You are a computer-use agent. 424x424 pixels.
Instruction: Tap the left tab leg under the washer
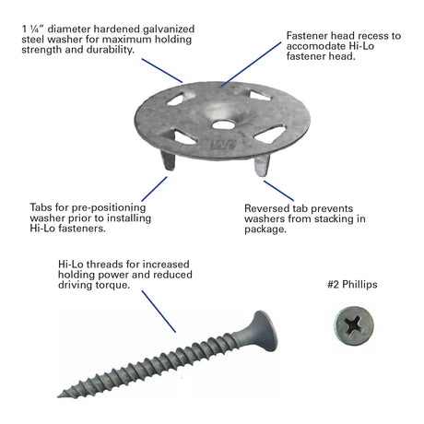coord(168,160)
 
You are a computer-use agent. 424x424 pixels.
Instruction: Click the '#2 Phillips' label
coord(352,285)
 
